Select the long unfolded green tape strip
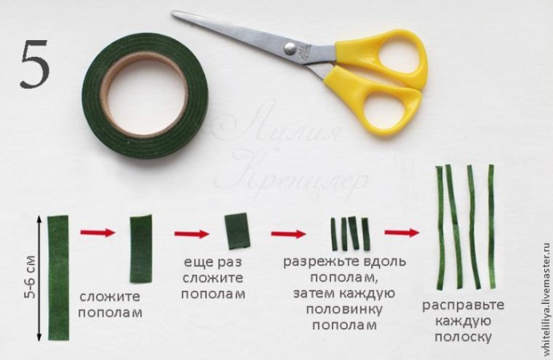(x=59, y=276)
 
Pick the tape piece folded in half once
(x=140, y=237)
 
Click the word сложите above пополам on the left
(x=110, y=297)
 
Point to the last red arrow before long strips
(x=402, y=233)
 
